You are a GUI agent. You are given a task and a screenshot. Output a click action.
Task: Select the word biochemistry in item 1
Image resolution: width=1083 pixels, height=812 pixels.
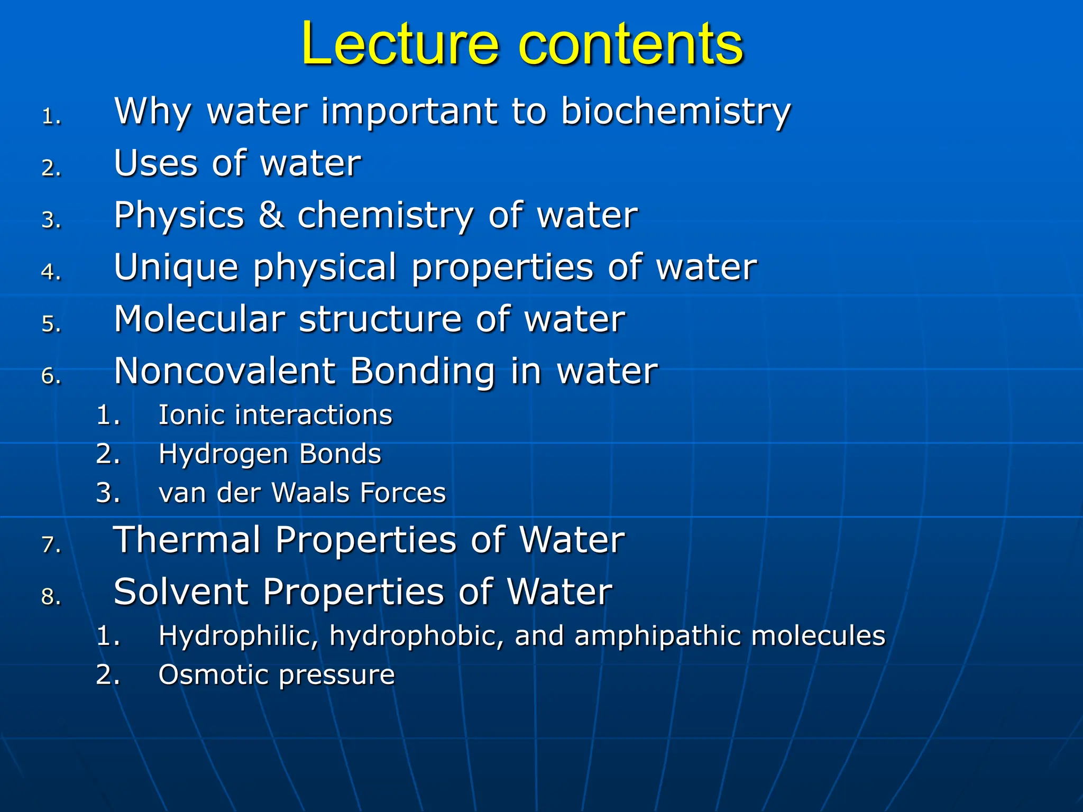pos(675,112)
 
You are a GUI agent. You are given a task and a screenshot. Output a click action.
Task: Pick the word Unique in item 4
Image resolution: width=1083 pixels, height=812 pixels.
pos(176,267)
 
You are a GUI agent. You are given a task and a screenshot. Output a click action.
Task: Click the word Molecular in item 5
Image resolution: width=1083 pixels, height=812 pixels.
pos(199,319)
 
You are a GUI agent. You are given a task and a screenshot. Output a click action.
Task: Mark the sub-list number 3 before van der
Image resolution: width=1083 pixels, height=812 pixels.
pos(107,493)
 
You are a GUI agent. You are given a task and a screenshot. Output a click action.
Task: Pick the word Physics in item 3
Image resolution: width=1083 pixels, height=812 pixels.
pos(179,215)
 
